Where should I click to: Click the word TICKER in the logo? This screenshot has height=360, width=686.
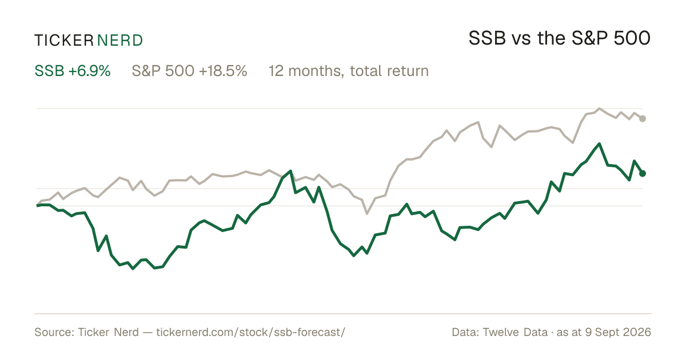pyautogui.click(x=64, y=41)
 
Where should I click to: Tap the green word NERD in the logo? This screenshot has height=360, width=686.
pyautogui.click(x=119, y=41)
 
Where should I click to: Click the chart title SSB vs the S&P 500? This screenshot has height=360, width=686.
pyautogui.click(x=559, y=38)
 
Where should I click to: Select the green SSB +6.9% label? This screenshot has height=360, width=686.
pyautogui.click(x=72, y=71)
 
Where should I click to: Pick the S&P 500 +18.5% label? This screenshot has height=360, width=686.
pyautogui.click(x=189, y=71)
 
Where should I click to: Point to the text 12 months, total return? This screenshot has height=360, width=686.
pyautogui.click(x=349, y=71)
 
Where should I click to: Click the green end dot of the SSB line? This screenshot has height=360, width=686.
pyautogui.click(x=643, y=174)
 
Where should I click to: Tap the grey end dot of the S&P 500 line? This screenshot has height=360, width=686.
pyautogui.click(x=643, y=119)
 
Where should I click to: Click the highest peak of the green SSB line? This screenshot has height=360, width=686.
pyautogui.click(x=599, y=143)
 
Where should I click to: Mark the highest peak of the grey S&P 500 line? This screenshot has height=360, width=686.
pyautogui.click(x=599, y=109)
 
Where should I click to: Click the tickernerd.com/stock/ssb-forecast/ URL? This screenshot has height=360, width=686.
pyautogui.click(x=250, y=332)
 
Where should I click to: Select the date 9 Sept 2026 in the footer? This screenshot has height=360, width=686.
pyautogui.click(x=618, y=332)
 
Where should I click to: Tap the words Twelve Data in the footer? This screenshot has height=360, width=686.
pyautogui.click(x=515, y=332)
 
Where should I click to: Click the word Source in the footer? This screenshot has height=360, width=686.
pyautogui.click(x=54, y=332)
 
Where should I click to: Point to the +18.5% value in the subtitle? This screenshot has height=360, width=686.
pyautogui.click(x=223, y=71)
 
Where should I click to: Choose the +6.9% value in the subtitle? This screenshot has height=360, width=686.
pyautogui.click(x=89, y=71)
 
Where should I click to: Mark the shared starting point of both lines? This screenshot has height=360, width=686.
pyautogui.click(x=37, y=205)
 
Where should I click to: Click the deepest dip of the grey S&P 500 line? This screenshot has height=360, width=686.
pyautogui.click(x=367, y=213)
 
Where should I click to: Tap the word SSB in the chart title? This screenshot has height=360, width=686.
pyautogui.click(x=487, y=38)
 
